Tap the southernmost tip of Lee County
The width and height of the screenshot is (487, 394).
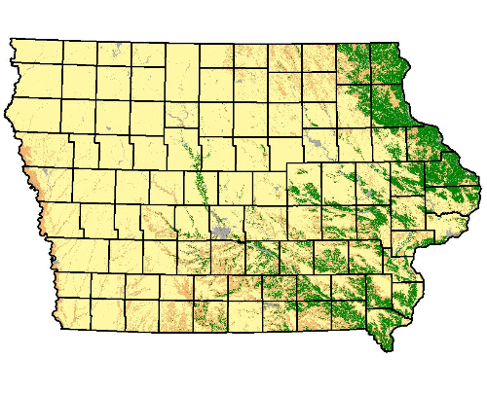point(389,348)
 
